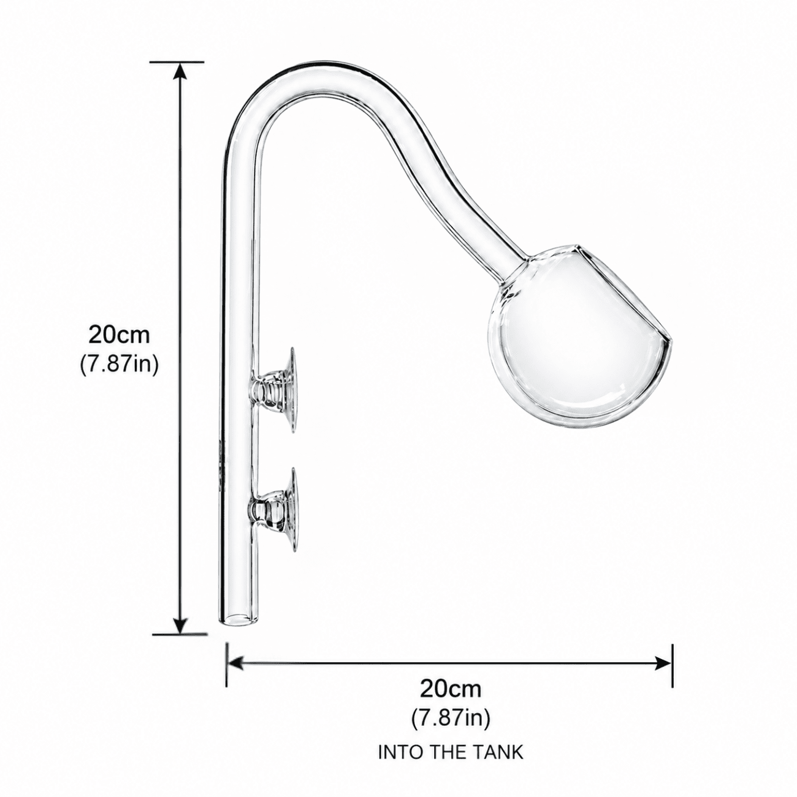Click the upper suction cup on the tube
click(276, 390)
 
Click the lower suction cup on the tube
click(276, 509)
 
